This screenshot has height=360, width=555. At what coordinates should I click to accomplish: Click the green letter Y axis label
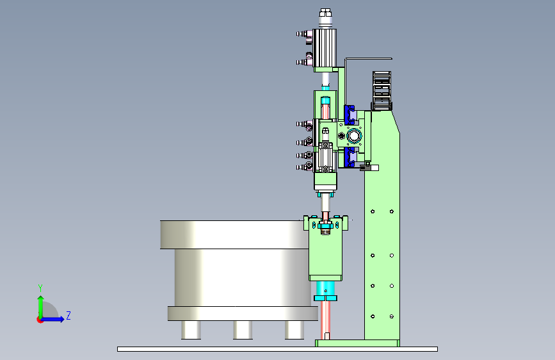pyautogui.click(x=40, y=288)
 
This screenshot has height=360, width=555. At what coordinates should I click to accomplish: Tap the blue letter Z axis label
pyautogui.click(x=68, y=315)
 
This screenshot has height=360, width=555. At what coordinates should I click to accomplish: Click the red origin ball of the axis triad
pyautogui.click(x=40, y=320)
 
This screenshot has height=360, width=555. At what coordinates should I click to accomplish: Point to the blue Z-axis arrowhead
pyautogui.click(x=61, y=319)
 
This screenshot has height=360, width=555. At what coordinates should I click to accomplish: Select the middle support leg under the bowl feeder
pyautogui.click(x=243, y=330)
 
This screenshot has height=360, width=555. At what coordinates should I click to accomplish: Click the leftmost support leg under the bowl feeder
pyautogui.click(x=191, y=330)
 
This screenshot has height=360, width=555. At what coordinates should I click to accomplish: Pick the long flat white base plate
pyautogui.click(x=278, y=349)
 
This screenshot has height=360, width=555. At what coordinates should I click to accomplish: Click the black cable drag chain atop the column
pyautogui.click(x=382, y=91)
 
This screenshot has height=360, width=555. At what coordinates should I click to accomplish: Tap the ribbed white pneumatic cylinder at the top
pyautogui.click(x=325, y=48)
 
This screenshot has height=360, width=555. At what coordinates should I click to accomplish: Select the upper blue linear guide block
pyautogui.click(x=350, y=115)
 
